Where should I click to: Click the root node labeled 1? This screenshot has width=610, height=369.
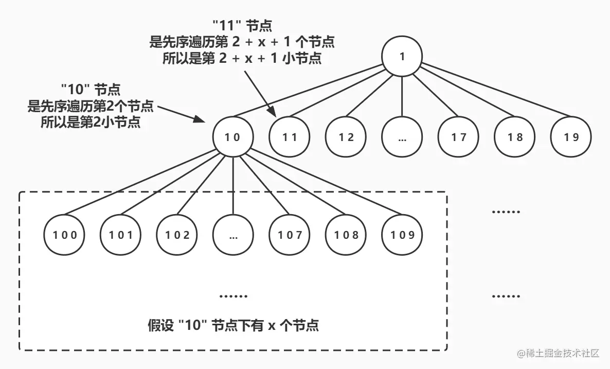(402, 56)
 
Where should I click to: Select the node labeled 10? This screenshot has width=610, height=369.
(233, 137)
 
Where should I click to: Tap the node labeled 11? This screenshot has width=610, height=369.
(290, 137)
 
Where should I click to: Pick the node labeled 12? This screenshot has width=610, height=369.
(347, 137)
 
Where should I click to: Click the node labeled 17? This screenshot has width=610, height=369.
(458, 137)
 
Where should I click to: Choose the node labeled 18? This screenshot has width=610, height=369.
(515, 137)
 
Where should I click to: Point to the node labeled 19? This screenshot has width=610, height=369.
(571, 137)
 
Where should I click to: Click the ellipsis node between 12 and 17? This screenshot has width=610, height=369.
(402, 137)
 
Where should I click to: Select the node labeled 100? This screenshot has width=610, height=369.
(65, 235)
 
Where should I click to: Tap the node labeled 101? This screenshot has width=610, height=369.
(121, 235)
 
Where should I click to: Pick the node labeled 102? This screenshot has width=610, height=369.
(177, 235)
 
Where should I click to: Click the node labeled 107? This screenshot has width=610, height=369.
(290, 235)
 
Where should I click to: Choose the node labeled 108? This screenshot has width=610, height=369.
(346, 235)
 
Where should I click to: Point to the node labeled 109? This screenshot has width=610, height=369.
(402, 235)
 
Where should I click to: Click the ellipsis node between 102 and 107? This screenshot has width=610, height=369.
(234, 235)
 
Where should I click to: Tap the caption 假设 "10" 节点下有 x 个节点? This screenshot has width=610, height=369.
(232, 326)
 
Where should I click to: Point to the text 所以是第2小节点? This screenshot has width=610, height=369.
(91, 123)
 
